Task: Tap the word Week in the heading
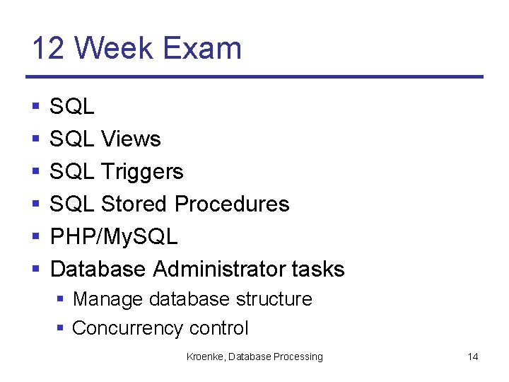[x=115, y=49]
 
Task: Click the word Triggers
[x=142, y=172]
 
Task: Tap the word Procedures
[x=232, y=204]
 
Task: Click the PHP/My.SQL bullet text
[x=114, y=237]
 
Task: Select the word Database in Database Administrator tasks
[x=98, y=270]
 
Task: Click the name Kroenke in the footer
[x=204, y=357]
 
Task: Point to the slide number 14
[x=473, y=357]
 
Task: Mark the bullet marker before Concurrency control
[x=61, y=329]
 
